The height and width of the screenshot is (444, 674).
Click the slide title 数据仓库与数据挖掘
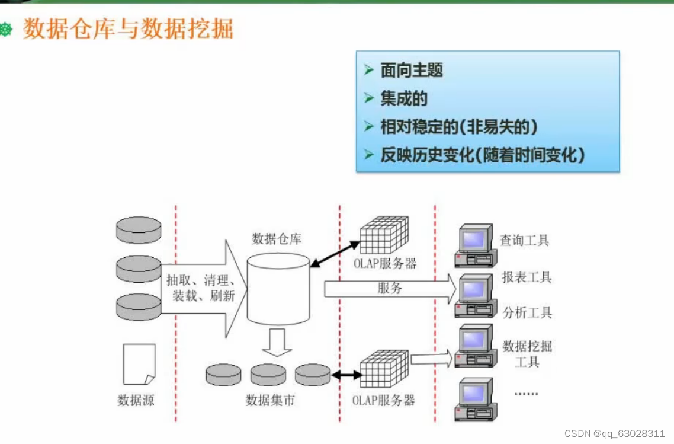[128, 28]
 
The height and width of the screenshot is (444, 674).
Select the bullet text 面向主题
[412, 71]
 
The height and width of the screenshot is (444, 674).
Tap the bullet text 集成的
[404, 99]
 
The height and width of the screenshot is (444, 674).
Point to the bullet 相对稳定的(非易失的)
[459, 127]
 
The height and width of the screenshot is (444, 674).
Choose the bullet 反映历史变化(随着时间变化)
[483, 155]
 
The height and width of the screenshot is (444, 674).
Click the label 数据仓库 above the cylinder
[277, 239]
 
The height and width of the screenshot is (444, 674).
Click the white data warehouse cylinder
[278, 290]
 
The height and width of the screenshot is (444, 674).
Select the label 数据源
[136, 400]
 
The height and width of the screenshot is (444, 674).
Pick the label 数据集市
[270, 400]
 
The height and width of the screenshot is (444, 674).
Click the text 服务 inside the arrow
[390, 288]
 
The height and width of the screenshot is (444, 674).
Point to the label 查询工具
[524, 240]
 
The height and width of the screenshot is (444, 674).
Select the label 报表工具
[527, 277]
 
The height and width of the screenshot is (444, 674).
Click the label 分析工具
[527, 312]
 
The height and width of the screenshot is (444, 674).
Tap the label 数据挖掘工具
[527, 353]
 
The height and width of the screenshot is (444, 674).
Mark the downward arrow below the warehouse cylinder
[277, 343]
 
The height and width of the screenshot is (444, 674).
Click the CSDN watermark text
[618, 433]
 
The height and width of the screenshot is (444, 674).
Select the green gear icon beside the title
[7, 29]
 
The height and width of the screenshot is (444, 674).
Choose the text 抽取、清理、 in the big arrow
[202, 280]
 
